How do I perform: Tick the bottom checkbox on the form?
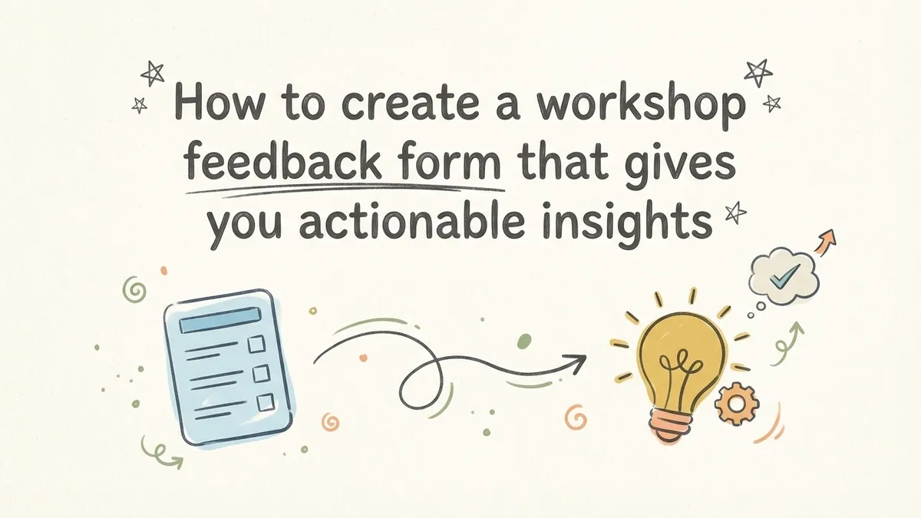point(265,402)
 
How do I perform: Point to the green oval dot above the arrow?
point(525,340)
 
